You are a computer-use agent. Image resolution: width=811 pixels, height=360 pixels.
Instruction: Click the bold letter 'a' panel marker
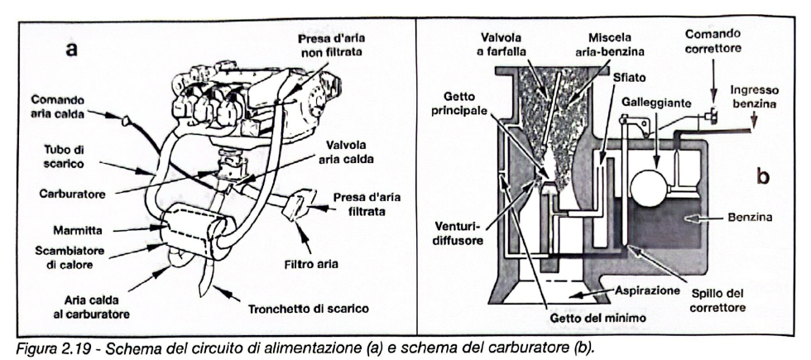pyautogui.click(x=72, y=49)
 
